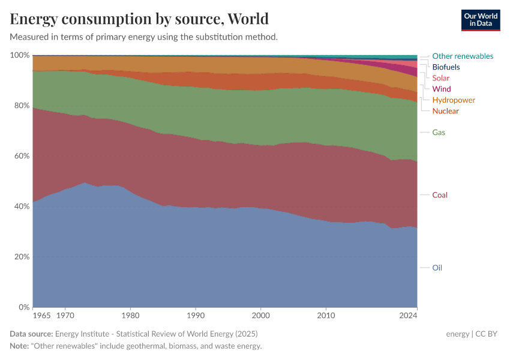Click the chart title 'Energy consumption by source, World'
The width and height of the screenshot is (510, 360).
[x=139, y=19]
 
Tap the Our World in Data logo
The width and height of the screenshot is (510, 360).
[x=480, y=20]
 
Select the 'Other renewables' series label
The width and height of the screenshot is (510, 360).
[x=463, y=56]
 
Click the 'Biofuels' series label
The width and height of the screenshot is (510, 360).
[x=446, y=67]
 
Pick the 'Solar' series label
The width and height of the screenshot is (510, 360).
[x=440, y=78]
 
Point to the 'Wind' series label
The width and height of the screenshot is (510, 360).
[x=441, y=89]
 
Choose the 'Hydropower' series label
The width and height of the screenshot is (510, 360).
[x=454, y=100]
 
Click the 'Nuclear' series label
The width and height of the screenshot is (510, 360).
[x=445, y=111]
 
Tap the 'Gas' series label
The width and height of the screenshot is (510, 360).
[x=439, y=132]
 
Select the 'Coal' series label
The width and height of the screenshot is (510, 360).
[x=440, y=195]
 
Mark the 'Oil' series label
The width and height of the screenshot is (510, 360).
[x=437, y=268]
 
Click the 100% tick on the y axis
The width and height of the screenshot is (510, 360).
[x=20, y=55]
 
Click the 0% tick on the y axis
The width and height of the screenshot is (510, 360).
[x=23, y=307]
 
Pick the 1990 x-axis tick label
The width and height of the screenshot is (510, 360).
[x=195, y=314]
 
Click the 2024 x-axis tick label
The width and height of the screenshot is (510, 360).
[x=409, y=314]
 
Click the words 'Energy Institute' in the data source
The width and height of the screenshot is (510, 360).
[x=83, y=334]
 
